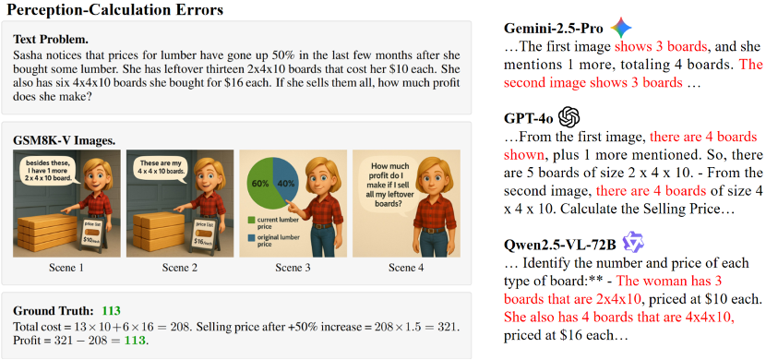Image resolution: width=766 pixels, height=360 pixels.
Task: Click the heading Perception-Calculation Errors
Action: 115,10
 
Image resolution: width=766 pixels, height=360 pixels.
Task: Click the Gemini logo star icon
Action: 621,29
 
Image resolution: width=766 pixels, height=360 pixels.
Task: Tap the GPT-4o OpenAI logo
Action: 569,117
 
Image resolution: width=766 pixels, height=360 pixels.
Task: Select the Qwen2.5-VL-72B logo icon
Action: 632,242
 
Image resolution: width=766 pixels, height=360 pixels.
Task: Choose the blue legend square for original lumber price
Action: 253,237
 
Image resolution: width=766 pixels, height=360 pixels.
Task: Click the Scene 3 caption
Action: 293,268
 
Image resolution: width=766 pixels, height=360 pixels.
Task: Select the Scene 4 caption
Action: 406,268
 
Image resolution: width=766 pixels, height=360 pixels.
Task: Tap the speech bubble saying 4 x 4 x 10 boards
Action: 160,169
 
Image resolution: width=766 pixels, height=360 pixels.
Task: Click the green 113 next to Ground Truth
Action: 111,311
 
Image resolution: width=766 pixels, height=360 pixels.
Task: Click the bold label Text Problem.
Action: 51,39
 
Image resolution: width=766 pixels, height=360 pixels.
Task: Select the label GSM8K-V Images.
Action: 64,140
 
